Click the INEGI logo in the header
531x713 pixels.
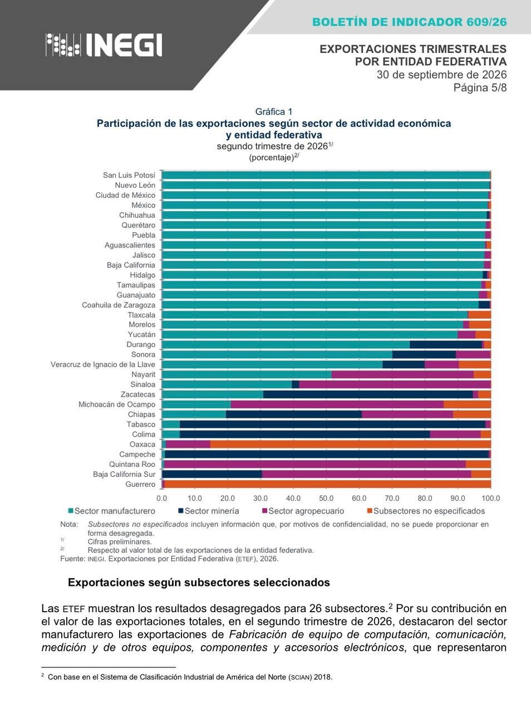point(104,45)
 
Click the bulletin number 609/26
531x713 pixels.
point(486,22)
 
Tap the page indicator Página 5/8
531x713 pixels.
point(480,87)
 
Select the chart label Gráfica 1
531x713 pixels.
point(274,112)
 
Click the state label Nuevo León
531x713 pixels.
point(135,185)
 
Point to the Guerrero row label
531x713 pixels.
point(140,484)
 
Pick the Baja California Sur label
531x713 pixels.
point(124,474)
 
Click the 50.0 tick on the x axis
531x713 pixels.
point(326,499)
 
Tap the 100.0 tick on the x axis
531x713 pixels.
point(490,499)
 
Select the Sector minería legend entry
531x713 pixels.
point(209,511)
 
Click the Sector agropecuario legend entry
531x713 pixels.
point(303,511)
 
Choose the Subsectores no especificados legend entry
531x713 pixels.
point(425,511)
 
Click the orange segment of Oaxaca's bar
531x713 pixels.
point(350,444)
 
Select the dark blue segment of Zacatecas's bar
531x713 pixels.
point(368,394)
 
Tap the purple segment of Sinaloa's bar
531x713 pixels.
point(395,384)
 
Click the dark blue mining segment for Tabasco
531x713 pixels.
point(332,424)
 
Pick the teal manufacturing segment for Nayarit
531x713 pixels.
point(247,374)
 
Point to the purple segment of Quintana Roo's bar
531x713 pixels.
point(315,464)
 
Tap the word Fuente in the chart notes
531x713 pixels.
point(72,559)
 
